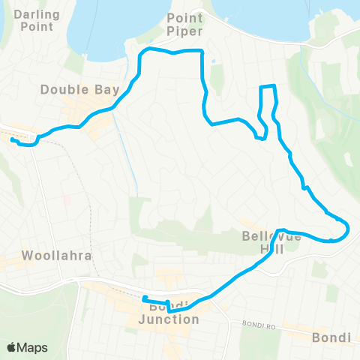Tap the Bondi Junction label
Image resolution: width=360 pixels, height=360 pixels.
click(x=169, y=313)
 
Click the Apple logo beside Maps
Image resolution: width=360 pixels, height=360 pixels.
click(x=12, y=347)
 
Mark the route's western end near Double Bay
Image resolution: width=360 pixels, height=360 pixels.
click(x=12, y=139)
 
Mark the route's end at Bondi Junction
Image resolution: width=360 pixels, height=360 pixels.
click(x=143, y=299)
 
